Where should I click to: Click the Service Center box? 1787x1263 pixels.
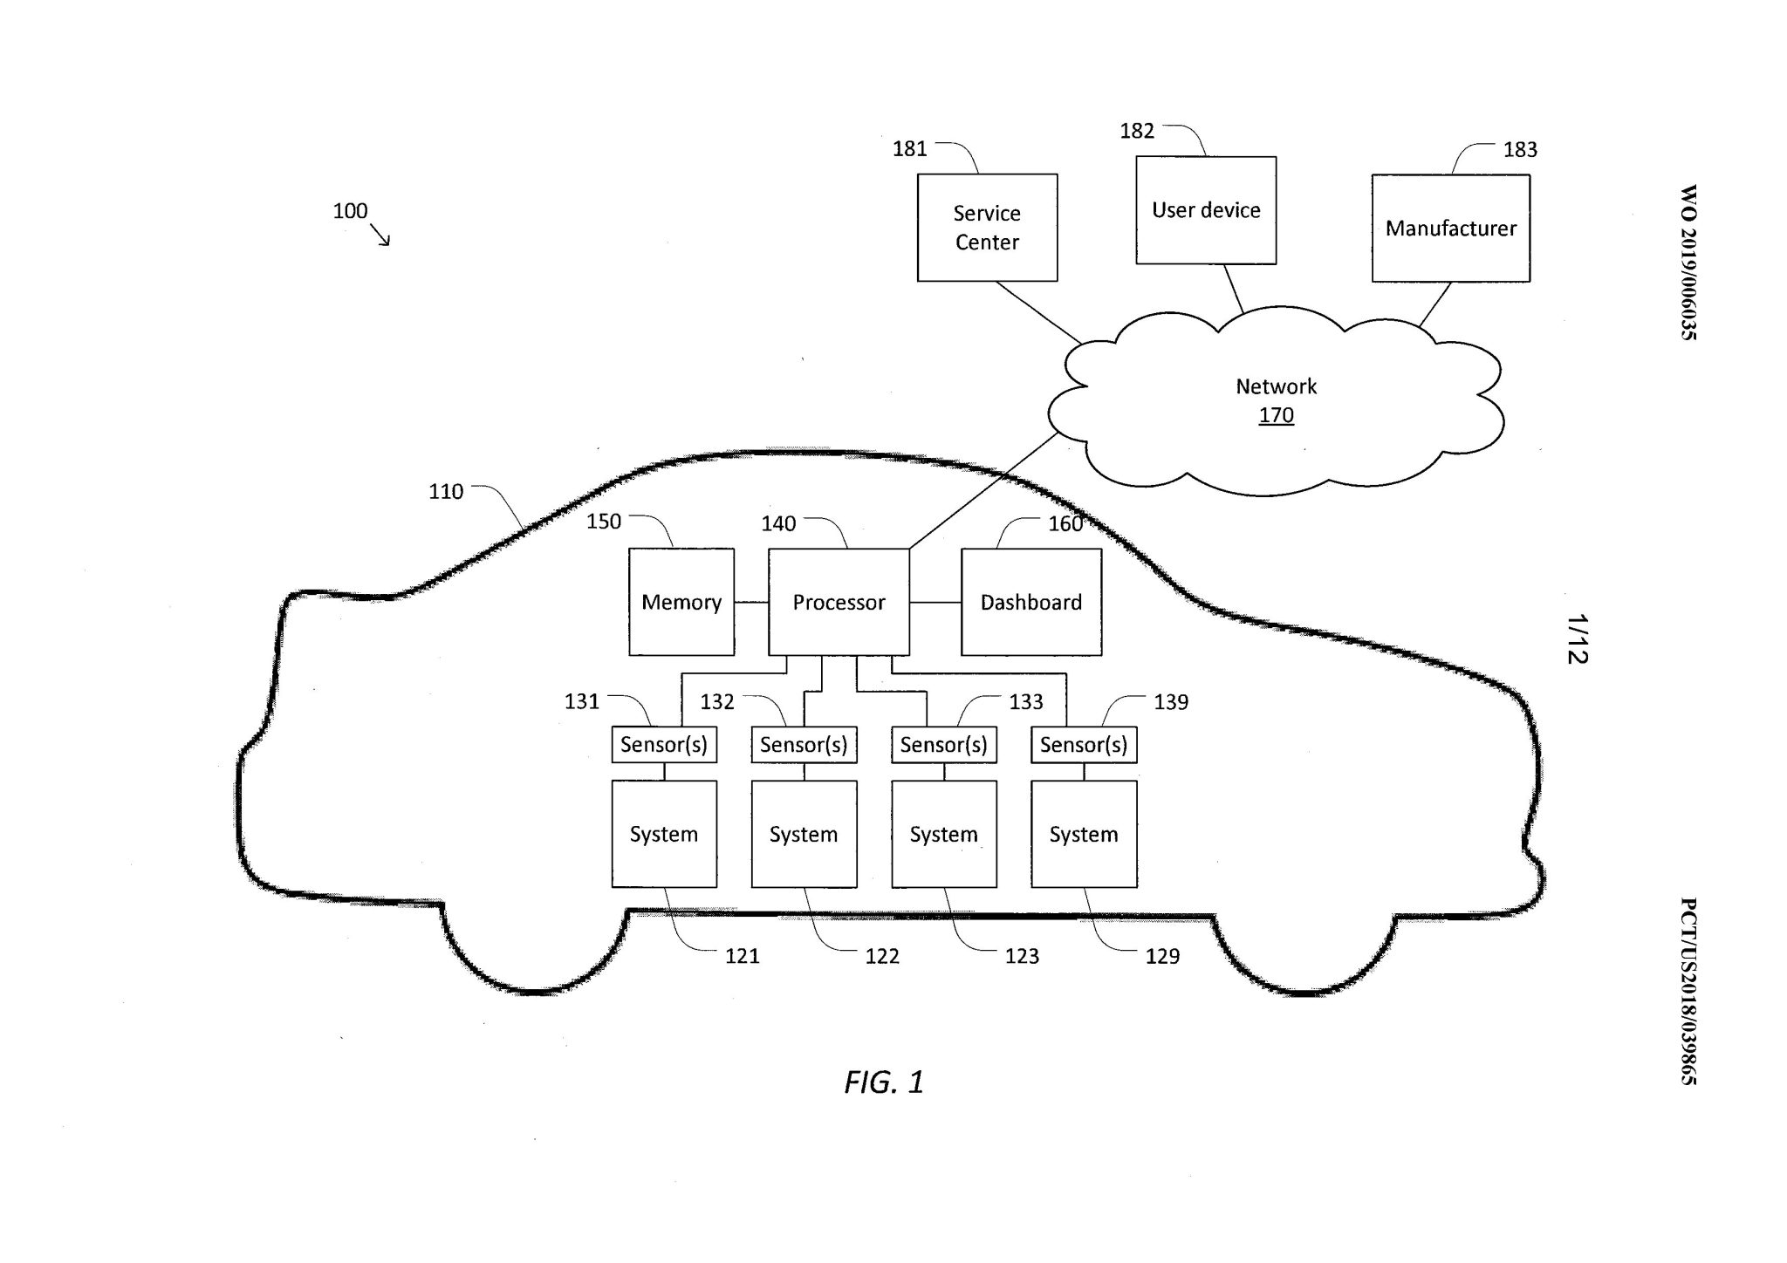(987, 228)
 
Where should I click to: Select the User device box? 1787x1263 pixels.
(1206, 210)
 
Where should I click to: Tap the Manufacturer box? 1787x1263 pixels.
(1450, 229)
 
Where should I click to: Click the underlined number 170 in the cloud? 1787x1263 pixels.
(1276, 415)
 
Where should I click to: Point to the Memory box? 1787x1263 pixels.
(681, 602)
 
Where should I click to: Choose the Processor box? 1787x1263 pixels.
(839, 602)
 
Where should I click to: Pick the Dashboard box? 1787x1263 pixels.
(1030, 602)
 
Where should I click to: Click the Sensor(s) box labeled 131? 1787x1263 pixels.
(664, 745)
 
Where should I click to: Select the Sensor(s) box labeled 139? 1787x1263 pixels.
(1084, 745)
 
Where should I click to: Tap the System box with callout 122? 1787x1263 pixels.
(804, 834)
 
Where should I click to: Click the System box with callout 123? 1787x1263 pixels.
(943, 834)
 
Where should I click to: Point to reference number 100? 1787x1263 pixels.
(350, 211)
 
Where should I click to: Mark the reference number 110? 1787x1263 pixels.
(446, 492)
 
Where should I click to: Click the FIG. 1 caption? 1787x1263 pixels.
(883, 1082)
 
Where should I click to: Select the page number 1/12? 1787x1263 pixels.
(1577, 639)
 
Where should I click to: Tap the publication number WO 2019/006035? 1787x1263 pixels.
(1688, 262)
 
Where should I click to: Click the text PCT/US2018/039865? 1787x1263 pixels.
(1688, 991)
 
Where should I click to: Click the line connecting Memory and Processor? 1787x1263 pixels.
(750, 602)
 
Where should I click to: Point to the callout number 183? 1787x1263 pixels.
(1520, 150)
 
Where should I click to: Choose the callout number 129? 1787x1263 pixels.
(1162, 957)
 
